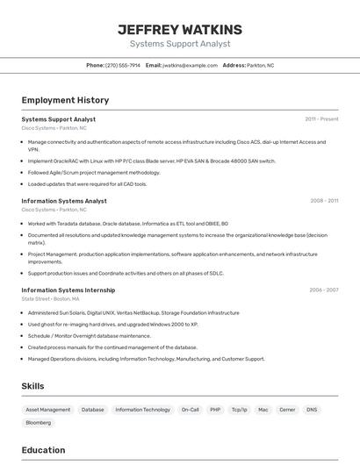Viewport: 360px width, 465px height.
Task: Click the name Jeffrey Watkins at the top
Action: (179, 30)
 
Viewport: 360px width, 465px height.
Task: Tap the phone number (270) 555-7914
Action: (122, 65)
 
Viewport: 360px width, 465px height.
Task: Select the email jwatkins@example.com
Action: (187, 65)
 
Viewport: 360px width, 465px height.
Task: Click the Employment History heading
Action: (65, 100)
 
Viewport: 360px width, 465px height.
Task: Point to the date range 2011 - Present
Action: (321, 119)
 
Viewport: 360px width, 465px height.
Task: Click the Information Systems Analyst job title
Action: (64, 201)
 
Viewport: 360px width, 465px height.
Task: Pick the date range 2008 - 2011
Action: (324, 201)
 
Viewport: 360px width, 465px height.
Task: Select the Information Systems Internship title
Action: (68, 290)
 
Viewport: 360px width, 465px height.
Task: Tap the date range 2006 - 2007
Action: (323, 290)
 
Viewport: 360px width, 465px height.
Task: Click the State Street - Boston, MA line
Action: (54, 299)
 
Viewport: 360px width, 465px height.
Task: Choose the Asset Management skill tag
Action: (48, 410)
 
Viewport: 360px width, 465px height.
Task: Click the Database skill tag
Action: (93, 410)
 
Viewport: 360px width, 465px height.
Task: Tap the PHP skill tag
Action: (215, 410)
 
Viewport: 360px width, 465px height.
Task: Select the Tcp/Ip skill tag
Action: (239, 410)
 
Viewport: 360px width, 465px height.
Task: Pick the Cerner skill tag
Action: (287, 410)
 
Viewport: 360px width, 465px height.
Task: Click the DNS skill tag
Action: (312, 410)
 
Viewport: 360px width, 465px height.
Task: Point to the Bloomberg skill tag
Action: (39, 423)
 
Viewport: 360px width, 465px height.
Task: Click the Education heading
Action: (43, 450)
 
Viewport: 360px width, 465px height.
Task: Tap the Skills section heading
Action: (32, 386)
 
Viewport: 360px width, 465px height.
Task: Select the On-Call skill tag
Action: (191, 410)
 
